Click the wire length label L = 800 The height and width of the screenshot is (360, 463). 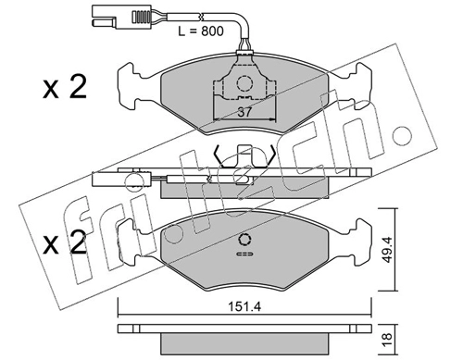[x=201, y=31]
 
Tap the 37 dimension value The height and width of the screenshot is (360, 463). [x=244, y=112]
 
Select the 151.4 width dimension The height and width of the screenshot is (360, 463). [x=244, y=306]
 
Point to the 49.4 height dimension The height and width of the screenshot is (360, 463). [x=387, y=250]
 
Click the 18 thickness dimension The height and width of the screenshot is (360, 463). [x=387, y=340]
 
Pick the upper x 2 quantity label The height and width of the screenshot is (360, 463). [x=65, y=87]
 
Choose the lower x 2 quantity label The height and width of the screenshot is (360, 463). [x=65, y=242]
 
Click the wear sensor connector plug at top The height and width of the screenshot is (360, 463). [x=121, y=18]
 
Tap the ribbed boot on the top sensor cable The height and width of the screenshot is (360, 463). [x=142, y=17]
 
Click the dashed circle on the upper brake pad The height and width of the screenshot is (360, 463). [x=244, y=83]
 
